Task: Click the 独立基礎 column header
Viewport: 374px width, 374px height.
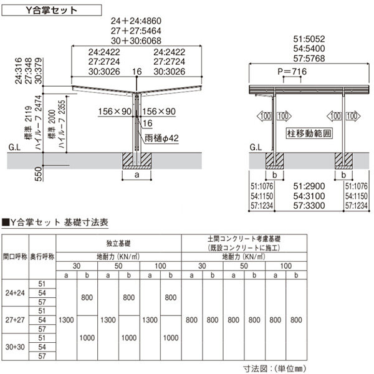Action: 118,243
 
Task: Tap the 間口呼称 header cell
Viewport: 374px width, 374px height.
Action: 14,256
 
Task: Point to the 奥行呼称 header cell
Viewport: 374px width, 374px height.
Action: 42,256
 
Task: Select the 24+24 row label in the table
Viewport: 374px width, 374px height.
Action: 14,292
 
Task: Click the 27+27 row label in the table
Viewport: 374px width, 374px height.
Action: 14,319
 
